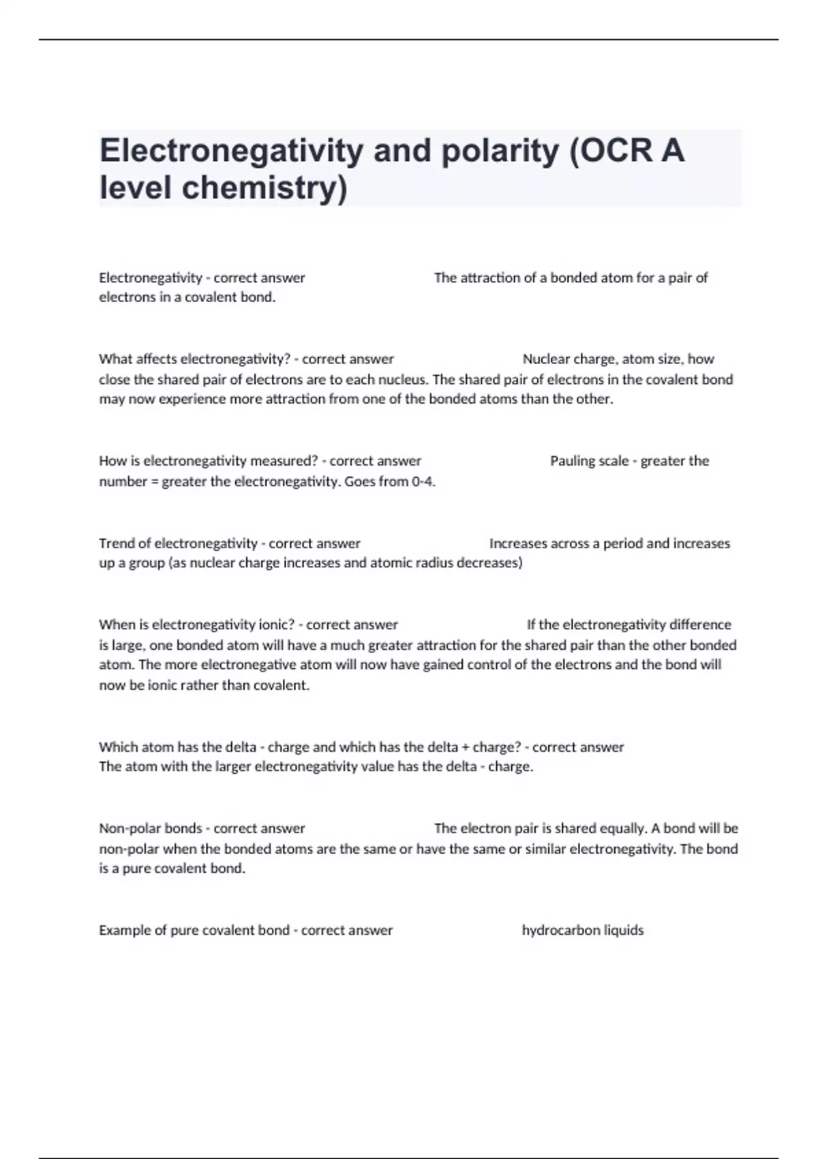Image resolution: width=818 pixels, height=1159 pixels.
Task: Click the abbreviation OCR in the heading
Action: [611, 151]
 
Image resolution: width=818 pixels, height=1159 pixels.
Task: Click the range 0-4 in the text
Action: [423, 481]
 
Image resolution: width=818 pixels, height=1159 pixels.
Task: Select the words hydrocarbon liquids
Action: [582, 930]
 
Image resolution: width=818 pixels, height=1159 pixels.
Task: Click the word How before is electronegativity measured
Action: [112, 461]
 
